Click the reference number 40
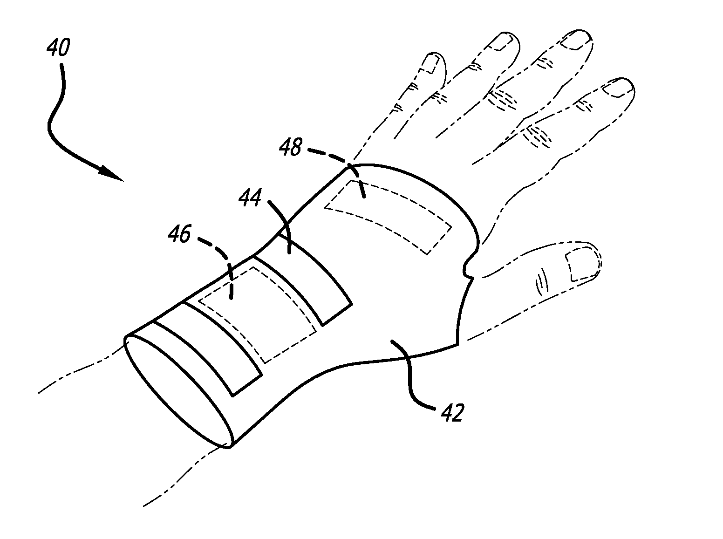(58, 48)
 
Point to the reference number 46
(180, 234)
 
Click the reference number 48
(291, 149)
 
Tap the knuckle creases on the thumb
(540, 282)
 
